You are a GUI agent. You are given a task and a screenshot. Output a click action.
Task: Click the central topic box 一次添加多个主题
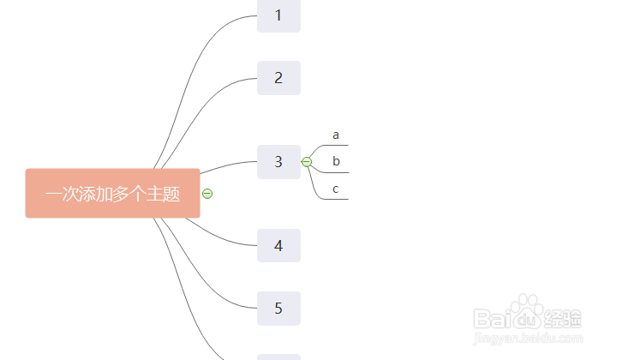click(112, 193)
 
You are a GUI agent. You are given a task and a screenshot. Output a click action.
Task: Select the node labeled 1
click(279, 15)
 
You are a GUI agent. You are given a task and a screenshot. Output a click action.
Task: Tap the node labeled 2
click(279, 78)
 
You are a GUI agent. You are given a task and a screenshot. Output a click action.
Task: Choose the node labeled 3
click(279, 162)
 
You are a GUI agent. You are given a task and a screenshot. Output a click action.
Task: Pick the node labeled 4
click(279, 245)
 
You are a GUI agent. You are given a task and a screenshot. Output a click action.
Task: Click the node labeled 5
click(279, 309)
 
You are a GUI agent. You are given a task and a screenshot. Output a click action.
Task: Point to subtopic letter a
click(336, 135)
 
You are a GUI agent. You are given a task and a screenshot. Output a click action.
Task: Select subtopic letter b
click(336, 161)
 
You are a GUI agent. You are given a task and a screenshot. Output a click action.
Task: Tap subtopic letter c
click(335, 189)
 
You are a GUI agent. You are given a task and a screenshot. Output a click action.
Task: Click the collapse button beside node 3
click(307, 162)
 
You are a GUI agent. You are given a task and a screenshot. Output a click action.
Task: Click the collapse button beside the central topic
click(207, 194)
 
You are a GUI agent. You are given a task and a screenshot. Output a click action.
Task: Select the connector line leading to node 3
click(228, 165)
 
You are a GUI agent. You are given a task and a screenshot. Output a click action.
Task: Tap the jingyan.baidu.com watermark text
click(528, 338)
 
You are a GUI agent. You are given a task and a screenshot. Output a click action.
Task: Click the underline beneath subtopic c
click(336, 199)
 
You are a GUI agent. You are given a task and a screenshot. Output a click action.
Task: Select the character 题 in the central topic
click(171, 194)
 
